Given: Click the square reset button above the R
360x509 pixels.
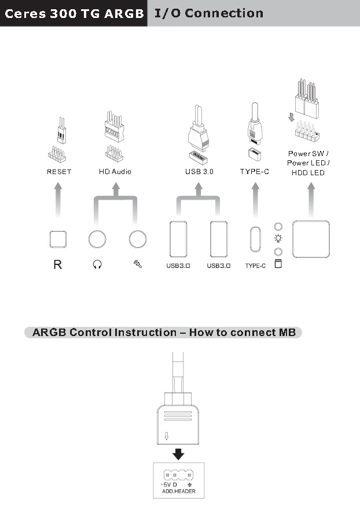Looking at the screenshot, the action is [58, 239].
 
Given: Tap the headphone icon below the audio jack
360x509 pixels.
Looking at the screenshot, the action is [97, 264].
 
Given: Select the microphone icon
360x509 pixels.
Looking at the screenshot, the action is [137, 264].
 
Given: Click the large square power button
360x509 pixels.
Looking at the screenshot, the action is [311, 239].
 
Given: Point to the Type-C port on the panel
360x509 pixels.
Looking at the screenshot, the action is [255, 239].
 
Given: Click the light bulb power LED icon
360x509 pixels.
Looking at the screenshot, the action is [278, 238].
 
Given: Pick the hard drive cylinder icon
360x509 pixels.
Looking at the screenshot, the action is [278, 264].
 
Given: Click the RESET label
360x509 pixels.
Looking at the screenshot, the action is [59, 172].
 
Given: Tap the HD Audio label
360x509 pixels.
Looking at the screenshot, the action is [115, 171].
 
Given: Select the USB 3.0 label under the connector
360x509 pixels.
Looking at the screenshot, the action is [199, 171].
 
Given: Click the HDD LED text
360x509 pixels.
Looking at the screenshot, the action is [308, 173].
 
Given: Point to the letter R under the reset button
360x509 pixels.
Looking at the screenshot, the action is [57, 264].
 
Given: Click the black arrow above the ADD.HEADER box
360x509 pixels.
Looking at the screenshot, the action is [178, 454].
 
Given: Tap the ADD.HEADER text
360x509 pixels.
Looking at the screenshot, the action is [179, 491].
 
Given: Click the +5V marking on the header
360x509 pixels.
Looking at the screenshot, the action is [166, 484].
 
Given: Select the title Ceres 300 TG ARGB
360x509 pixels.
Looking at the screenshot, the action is [74, 14].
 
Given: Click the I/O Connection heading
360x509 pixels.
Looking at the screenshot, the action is [208, 13].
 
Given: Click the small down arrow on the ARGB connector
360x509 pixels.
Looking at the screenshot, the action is [167, 436].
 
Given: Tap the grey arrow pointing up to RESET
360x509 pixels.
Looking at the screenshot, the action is [58, 200].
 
